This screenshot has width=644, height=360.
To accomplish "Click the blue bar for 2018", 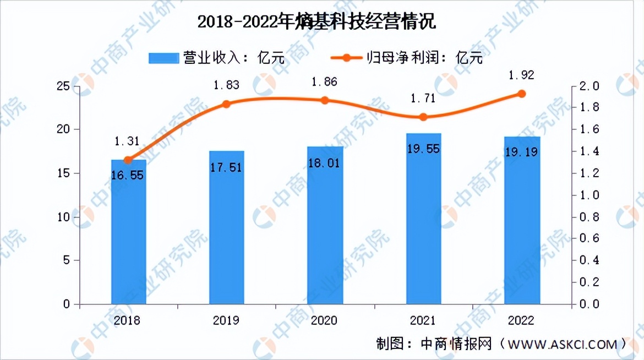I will tap(128, 231).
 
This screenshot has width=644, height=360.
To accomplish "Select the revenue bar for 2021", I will tap(423, 220).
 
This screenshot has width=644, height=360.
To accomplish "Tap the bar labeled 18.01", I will tap(325, 226).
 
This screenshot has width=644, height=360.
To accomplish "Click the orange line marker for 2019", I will tap(226, 104).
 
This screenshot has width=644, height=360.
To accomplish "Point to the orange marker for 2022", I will tap(522, 94).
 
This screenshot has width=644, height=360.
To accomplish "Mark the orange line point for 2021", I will tap(423, 117).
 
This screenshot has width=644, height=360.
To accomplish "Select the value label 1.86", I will tap(324, 82).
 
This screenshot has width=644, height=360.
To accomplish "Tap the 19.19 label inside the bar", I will tap(521, 152).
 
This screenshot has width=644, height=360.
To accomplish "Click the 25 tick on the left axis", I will tap(65, 86).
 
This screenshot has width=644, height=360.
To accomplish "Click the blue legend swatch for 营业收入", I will tap(163, 57).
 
